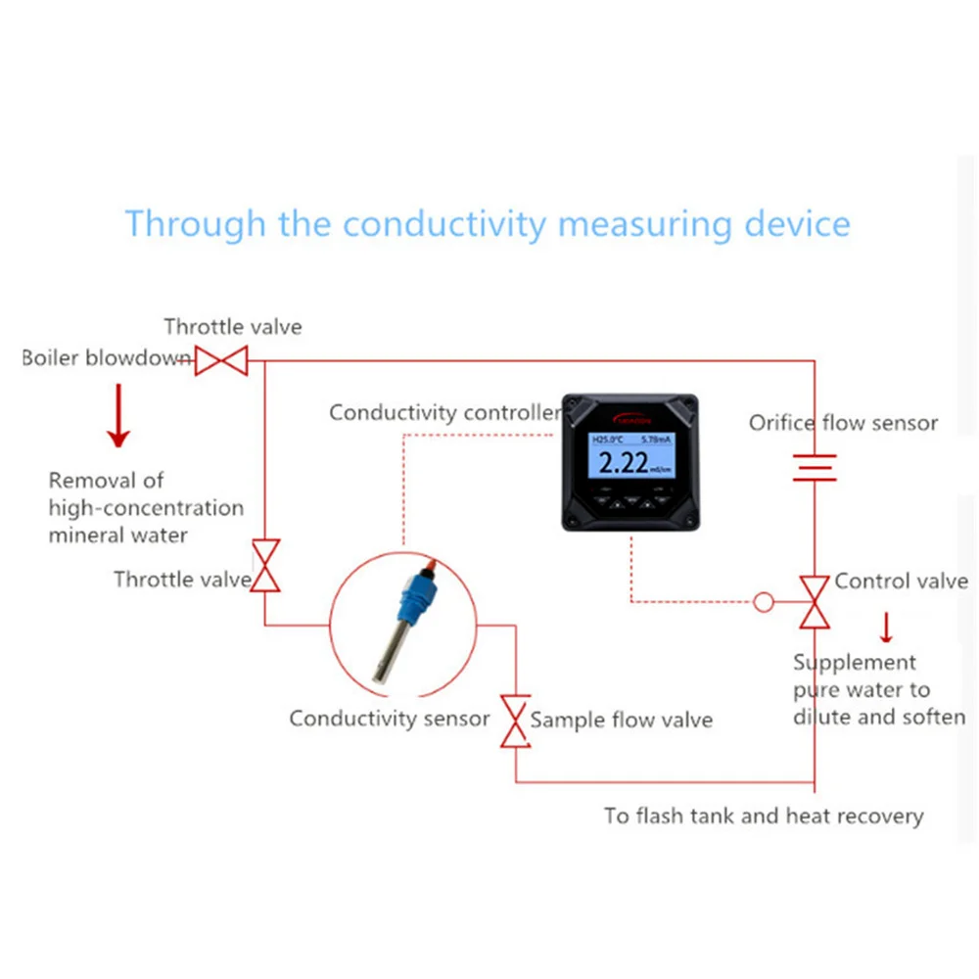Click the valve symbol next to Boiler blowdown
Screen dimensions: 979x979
(x=220, y=361)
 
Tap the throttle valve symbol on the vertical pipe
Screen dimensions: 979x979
(x=265, y=566)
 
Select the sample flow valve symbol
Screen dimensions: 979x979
(x=515, y=722)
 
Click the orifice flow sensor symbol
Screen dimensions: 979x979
(x=815, y=467)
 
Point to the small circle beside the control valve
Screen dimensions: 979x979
(x=764, y=602)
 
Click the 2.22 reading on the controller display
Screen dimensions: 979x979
(x=623, y=463)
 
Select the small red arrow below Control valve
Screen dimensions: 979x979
(x=887, y=627)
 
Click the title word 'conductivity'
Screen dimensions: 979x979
(x=443, y=223)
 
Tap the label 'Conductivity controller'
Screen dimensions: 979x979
(x=443, y=412)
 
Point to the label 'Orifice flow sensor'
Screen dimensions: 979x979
(x=843, y=423)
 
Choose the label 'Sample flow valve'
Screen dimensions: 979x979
(x=621, y=721)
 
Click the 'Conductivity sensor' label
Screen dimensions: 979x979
(x=389, y=719)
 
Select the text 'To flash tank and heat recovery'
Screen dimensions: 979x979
(x=763, y=816)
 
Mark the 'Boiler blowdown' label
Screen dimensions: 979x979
(x=106, y=358)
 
